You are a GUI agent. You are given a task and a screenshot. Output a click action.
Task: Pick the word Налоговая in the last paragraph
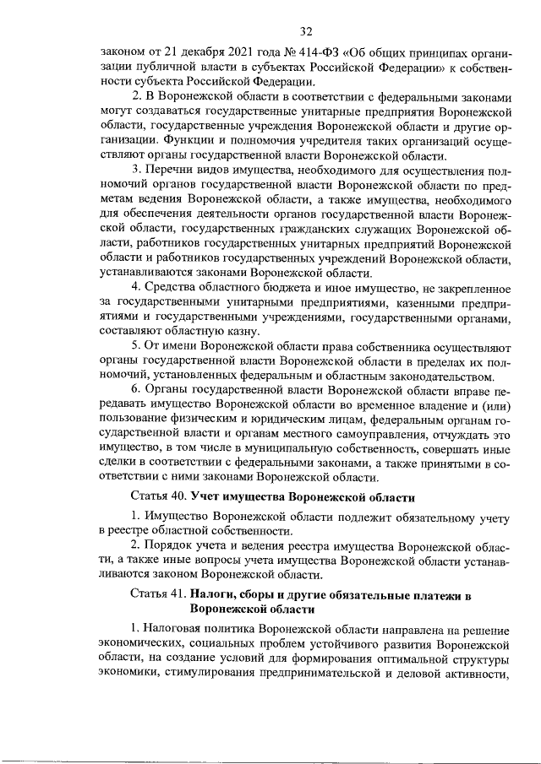pos(175,630)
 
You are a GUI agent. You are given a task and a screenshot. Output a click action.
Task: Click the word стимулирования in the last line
pos(222,673)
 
